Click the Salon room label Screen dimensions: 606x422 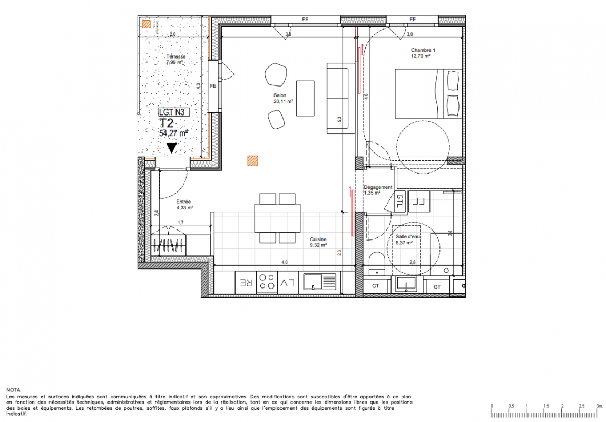(x=280, y=95)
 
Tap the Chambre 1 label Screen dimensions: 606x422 (x=423, y=50)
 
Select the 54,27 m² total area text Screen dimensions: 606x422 (x=173, y=133)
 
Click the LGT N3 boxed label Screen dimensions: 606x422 (x=174, y=112)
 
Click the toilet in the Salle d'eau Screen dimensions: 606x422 (x=376, y=264)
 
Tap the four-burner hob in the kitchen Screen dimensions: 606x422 (x=267, y=282)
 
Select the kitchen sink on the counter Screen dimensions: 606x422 (x=320, y=282)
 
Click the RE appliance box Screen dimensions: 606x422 (x=246, y=282)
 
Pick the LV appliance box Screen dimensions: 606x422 (x=288, y=282)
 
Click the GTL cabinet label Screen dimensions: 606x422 (x=399, y=201)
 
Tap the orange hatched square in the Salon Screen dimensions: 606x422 (x=252, y=160)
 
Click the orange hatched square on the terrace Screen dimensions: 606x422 (x=146, y=25)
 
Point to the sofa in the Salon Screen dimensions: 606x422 (x=340, y=98)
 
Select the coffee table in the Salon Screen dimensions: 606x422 (x=305, y=98)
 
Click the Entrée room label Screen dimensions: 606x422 (x=183, y=202)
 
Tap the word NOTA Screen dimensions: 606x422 (x=13, y=390)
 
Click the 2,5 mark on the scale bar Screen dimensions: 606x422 (x=582, y=406)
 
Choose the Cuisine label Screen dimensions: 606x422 (x=318, y=239)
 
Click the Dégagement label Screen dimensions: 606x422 (x=378, y=187)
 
